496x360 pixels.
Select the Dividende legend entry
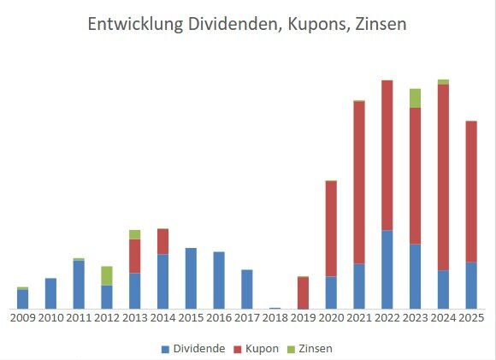tap(192, 348)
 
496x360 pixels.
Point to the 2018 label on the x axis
tap(275, 318)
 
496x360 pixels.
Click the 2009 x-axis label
tap(22, 318)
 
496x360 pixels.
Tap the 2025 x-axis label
tap(471, 318)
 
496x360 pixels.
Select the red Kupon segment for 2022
tap(387, 154)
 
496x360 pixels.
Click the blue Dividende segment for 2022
tap(387, 269)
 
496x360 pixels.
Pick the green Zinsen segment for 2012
tap(107, 275)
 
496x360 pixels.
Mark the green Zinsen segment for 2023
tap(415, 97)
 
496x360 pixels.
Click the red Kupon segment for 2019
tap(303, 292)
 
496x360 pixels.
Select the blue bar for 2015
tap(191, 278)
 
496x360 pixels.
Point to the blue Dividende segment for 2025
tap(471, 285)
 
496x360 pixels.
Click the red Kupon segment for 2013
tap(135, 256)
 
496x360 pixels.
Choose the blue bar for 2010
tap(50, 293)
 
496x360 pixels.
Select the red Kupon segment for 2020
tap(331, 228)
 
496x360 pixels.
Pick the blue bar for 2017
tap(246, 289)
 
